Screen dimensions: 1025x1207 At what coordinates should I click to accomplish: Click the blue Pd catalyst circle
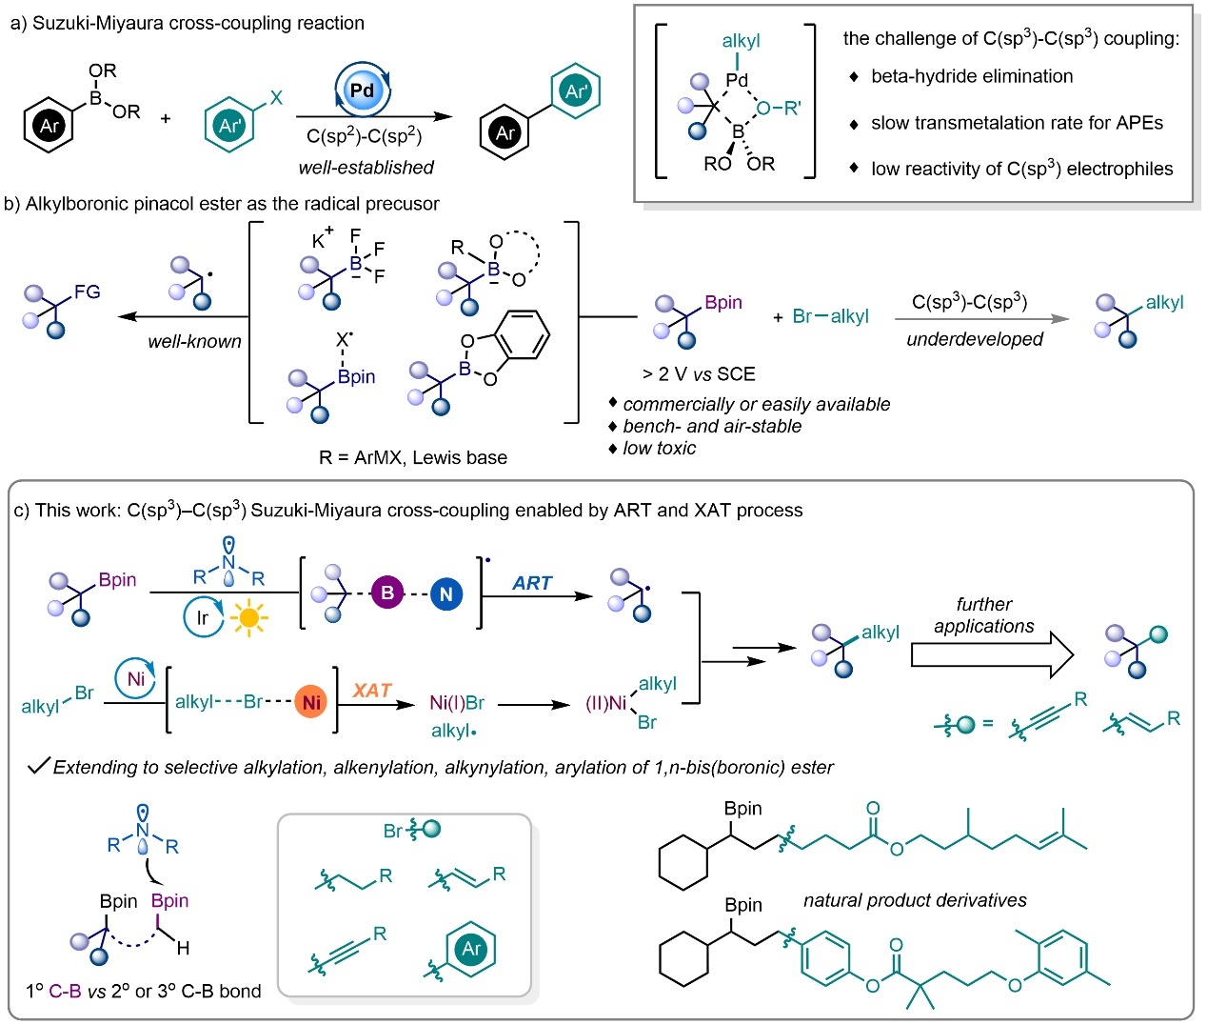coord(363,90)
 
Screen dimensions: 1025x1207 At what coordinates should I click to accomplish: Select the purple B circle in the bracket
coord(387,593)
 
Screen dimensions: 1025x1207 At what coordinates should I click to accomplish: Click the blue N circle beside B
coord(445,594)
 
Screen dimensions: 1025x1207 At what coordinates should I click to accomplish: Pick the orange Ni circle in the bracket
coord(310,702)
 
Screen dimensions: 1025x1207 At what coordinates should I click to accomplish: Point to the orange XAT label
coord(372,691)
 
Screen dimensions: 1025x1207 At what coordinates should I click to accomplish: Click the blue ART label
coord(532,583)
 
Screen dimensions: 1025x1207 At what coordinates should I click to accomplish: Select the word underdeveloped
coord(974,339)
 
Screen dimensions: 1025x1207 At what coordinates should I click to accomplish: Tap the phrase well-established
coord(366,168)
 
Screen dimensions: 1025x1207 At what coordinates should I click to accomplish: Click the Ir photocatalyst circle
coord(202,618)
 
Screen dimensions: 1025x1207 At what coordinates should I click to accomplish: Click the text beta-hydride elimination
coord(972,76)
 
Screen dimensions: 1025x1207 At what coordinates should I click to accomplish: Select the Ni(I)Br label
coord(457,703)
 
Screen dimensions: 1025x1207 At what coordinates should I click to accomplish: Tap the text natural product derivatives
coord(915,900)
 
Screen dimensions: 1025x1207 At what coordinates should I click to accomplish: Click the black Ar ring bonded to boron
coord(49,125)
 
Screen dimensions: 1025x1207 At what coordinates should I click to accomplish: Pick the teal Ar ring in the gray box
coord(471,949)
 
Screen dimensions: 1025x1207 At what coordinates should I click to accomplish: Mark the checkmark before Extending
coord(38,766)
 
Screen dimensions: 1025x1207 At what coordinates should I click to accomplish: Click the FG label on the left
coord(87,292)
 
